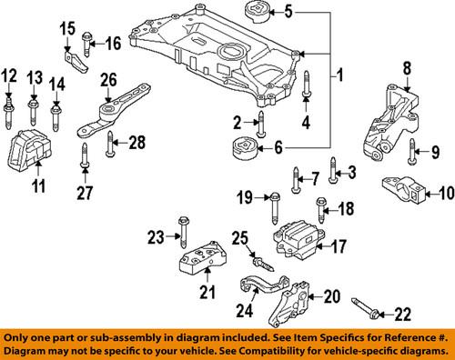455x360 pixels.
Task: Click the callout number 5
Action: pos(290,13)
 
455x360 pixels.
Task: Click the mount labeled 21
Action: pos(199,258)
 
